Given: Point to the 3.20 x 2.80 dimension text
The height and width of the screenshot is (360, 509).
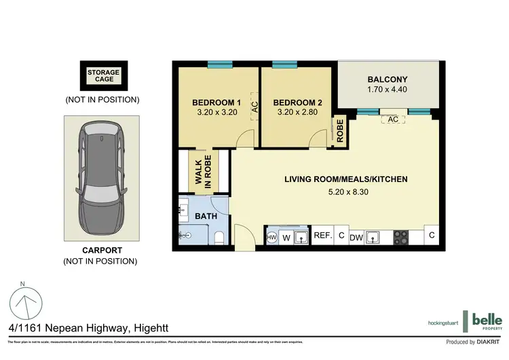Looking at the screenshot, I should tap(297, 114).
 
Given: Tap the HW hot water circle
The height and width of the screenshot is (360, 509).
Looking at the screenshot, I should tap(271, 237).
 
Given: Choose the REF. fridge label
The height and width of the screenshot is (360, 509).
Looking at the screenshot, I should tap(322, 236).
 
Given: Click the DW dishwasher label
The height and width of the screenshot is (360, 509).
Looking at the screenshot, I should tap(356, 237).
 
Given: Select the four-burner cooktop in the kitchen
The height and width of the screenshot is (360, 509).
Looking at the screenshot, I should tap(401, 236).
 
